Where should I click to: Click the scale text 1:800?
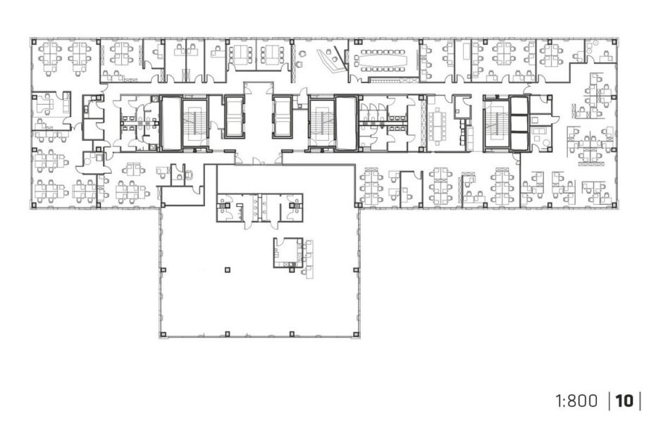point(576,401)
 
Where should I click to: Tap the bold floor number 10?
point(624,401)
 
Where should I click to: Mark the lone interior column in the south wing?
point(227,270)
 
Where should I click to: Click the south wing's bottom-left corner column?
point(162,334)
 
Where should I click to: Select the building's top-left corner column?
point(34,42)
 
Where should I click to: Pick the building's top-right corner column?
point(614,42)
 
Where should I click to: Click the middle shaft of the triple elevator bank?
point(519,123)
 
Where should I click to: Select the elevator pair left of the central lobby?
point(235,117)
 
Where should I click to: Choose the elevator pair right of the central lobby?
point(282,117)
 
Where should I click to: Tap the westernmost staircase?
point(194,122)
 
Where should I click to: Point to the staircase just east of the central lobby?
point(321,122)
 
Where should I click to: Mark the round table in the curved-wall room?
point(90,160)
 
